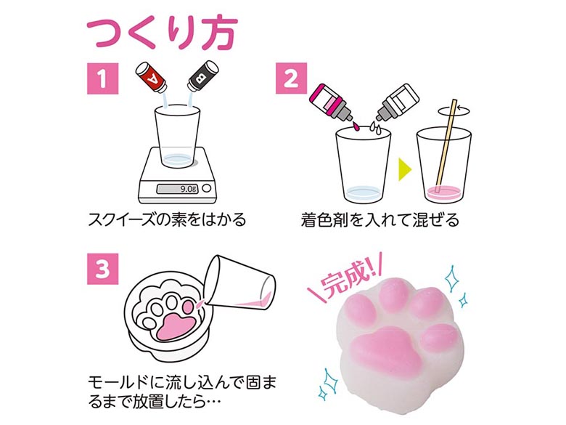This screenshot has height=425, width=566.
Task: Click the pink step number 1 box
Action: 102,78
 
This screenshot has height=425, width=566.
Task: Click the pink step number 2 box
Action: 291,78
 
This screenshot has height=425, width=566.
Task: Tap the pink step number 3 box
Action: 102,269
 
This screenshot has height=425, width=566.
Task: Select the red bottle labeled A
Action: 151,77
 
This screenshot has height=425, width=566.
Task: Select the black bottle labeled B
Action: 203,76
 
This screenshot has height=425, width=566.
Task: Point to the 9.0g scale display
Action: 177,189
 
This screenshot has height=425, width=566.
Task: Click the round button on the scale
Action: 207,188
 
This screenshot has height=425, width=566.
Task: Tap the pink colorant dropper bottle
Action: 331,102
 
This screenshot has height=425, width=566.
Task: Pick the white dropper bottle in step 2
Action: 397,102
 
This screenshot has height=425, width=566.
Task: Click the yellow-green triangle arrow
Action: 404,169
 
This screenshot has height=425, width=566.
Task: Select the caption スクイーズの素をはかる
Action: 167,219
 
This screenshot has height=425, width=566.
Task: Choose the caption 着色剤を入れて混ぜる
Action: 380,219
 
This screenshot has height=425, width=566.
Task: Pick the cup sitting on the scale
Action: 177,137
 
